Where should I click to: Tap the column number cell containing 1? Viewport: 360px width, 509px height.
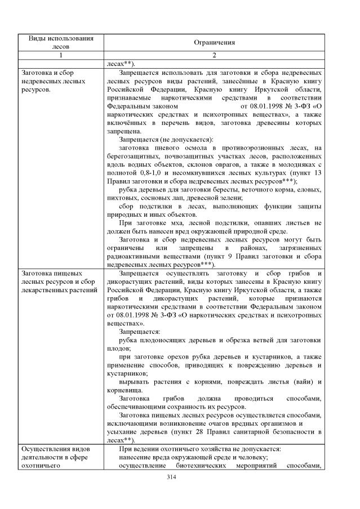click(60, 55)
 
